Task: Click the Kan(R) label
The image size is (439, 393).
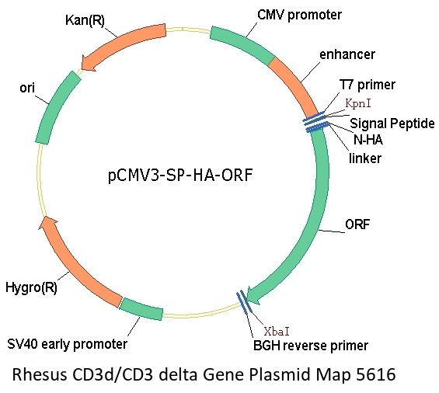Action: tap(85, 20)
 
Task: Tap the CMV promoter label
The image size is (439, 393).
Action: tap(299, 15)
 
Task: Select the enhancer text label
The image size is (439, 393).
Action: tap(347, 54)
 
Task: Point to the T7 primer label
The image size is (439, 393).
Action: tap(368, 85)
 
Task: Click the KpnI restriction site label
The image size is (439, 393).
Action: tap(358, 103)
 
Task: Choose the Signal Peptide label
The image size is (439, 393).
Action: tap(392, 123)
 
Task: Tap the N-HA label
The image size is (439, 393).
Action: tap(368, 140)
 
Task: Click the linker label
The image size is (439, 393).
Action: tap(365, 158)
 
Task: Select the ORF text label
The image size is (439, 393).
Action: tap(357, 224)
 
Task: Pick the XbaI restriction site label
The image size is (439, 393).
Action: tap(277, 332)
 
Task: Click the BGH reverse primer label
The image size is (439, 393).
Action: tap(311, 346)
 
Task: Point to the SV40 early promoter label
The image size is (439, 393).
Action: tap(67, 344)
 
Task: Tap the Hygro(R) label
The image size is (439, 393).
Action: tap(31, 287)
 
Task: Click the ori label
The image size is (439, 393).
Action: tap(27, 89)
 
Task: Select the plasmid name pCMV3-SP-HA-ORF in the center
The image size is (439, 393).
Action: tap(180, 176)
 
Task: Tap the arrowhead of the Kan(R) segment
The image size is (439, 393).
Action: tap(88, 63)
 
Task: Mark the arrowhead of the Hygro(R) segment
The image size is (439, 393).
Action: tap(47, 223)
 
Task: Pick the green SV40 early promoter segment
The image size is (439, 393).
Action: tap(141, 309)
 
